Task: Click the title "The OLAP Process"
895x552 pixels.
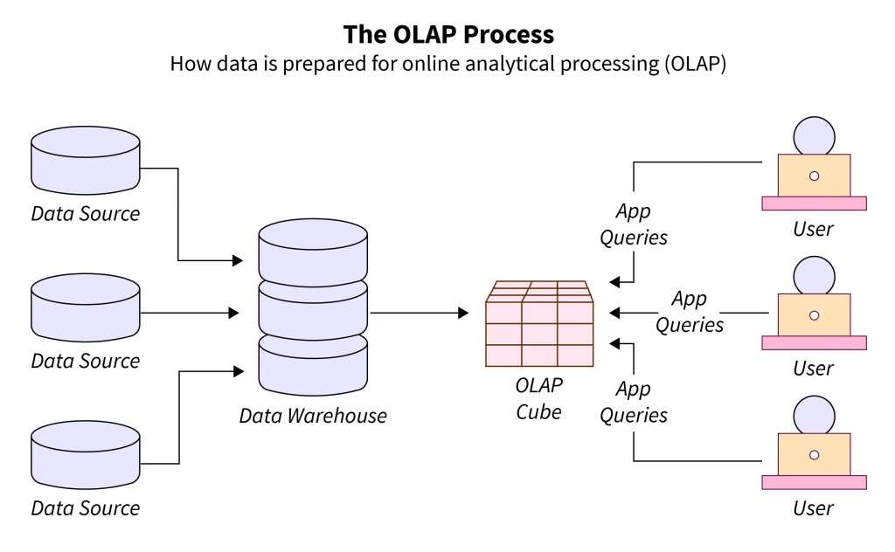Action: pos(447,34)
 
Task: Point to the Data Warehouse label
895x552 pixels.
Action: pos(313,416)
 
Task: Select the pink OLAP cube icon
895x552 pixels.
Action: pos(539,325)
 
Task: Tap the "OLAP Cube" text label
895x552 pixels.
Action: pos(539,397)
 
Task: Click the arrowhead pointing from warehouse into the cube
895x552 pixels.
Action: pos(463,313)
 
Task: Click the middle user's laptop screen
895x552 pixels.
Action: pos(814,314)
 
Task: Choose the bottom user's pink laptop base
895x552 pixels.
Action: pos(814,482)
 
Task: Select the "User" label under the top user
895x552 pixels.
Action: pos(813,230)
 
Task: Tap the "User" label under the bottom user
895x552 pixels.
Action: pos(813,507)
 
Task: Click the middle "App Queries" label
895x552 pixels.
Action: pos(690,312)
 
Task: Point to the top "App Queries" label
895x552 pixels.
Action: pos(634,224)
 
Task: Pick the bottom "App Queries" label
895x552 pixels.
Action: pos(634,402)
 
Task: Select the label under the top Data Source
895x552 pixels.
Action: pos(86,213)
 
